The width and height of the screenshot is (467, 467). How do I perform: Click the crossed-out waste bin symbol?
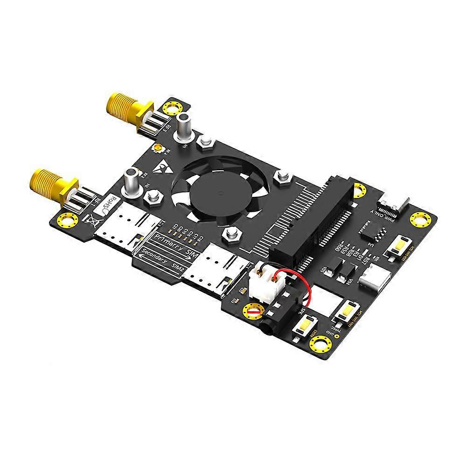91,221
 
